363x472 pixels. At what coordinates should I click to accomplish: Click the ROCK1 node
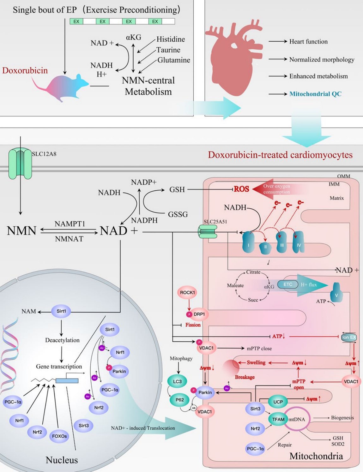click(187, 293)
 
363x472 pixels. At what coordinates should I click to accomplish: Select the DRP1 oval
click(199, 314)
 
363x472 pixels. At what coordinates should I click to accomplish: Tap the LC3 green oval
click(177, 381)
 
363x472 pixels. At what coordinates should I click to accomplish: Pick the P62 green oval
click(179, 400)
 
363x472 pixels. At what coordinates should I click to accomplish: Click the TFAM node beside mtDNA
click(278, 419)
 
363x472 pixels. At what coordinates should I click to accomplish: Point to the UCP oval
click(278, 402)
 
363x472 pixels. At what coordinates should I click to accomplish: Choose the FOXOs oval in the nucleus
click(59, 436)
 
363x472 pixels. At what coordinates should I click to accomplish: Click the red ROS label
click(241, 189)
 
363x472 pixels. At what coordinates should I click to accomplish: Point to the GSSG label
click(178, 214)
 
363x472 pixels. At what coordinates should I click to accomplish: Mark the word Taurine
click(168, 50)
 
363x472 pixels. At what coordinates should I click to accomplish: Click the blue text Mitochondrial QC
click(315, 94)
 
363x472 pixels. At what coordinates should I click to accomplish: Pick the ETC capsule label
click(287, 284)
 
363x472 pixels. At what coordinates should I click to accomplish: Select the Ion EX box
click(349, 337)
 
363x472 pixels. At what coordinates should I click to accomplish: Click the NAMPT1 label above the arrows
click(70, 224)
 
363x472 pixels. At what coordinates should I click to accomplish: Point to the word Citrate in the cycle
click(253, 272)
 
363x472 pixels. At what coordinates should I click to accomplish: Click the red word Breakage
click(245, 377)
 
